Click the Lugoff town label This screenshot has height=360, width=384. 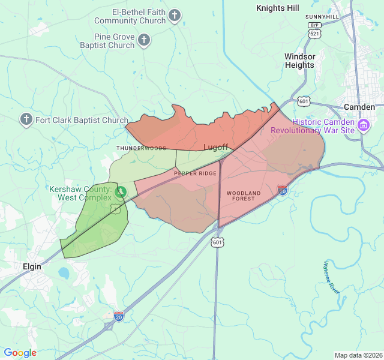pyautogui.click(x=216, y=147)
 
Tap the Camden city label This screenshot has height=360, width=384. pyautogui.click(x=359, y=107)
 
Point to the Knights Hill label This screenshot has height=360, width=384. pyautogui.click(x=277, y=8)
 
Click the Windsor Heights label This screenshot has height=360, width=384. pyautogui.click(x=299, y=61)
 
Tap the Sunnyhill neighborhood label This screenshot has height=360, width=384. pyautogui.click(x=322, y=16)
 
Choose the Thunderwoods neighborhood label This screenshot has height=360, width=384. pyautogui.click(x=141, y=148)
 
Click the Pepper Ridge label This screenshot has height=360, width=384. pyautogui.click(x=195, y=173)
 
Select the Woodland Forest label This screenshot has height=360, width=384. pyautogui.click(x=244, y=196)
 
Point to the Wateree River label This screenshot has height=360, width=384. pyautogui.click(x=332, y=276)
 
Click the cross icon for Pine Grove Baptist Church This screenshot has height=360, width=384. pyautogui.click(x=143, y=41)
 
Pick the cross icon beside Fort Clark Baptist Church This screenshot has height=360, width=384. pyautogui.click(x=26, y=119)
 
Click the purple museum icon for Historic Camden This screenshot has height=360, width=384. pyautogui.click(x=363, y=125)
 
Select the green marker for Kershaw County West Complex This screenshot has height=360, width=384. pyautogui.click(x=121, y=192)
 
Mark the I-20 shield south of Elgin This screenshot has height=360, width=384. pyautogui.click(x=119, y=316)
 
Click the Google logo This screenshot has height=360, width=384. pyautogui.click(x=20, y=353)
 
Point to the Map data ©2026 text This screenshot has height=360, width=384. pyautogui.click(x=358, y=355)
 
